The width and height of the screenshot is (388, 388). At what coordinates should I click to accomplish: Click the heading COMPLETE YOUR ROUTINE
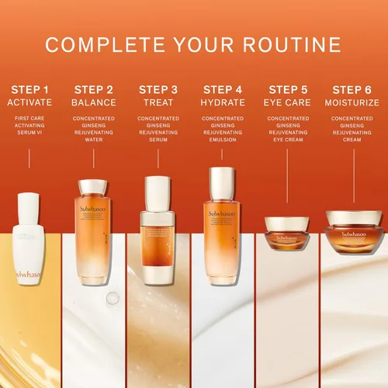click(x=193, y=44)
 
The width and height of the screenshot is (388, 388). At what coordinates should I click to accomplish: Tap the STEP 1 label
click(x=29, y=88)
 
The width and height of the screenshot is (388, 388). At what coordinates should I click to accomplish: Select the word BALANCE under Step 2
click(x=94, y=102)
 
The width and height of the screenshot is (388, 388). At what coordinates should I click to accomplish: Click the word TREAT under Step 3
click(x=158, y=102)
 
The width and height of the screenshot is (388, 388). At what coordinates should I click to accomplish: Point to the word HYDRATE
click(x=223, y=102)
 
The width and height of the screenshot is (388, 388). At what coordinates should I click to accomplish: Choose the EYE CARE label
click(x=288, y=102)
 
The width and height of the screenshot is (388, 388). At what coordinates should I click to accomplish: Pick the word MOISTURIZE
click(x=352, y=102)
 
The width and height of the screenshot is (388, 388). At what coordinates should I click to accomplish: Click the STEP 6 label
click(x=352, y=88)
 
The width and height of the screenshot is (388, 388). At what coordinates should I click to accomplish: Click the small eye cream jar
click(x=288, y=233)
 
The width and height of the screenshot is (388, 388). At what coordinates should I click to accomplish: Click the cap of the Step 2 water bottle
click(x=94, y=187)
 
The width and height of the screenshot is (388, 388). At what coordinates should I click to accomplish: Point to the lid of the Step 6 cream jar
click(x=353, y=217)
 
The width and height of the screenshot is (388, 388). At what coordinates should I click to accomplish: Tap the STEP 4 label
click(x=223, y=88)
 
